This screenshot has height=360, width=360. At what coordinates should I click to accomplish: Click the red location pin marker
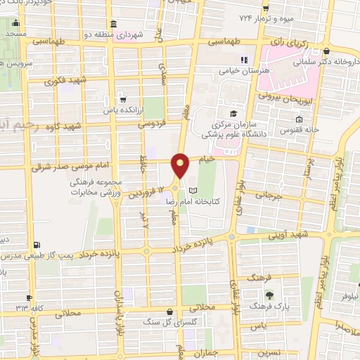[181, 165]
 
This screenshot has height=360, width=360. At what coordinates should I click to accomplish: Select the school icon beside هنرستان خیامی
[245, 60]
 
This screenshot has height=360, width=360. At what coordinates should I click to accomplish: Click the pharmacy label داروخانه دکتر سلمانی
[332, 61]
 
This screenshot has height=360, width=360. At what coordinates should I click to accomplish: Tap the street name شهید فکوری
[65, 80]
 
